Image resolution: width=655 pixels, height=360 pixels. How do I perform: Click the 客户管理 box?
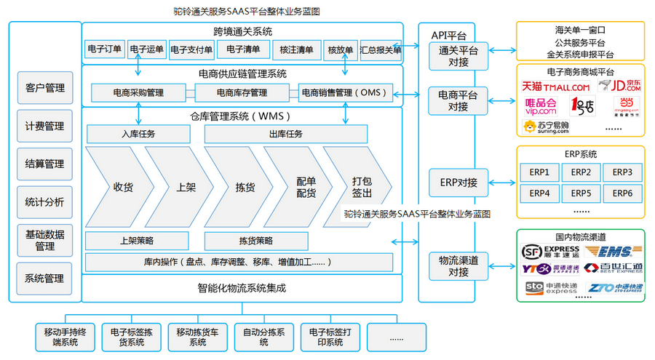[45, 88]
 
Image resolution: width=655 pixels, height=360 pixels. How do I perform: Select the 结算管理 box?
[45, 164]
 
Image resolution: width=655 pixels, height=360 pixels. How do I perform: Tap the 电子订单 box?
[105, 50]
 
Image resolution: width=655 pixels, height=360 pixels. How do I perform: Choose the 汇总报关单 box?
[381, 50]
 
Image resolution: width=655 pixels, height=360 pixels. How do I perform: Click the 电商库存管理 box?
[242, 93]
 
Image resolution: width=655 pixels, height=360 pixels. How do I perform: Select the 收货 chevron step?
[120, 187]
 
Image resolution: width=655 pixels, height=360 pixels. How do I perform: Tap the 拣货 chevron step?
[245, 187]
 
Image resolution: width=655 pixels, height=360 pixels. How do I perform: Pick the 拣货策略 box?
[255, 241]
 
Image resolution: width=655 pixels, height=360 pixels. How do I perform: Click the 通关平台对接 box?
[458, 56]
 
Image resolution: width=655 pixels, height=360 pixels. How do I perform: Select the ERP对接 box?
[458, 182]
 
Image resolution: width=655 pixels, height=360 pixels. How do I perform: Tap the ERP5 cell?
[580, 193]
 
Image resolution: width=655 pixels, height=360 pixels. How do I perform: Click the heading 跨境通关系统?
[242, 31]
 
